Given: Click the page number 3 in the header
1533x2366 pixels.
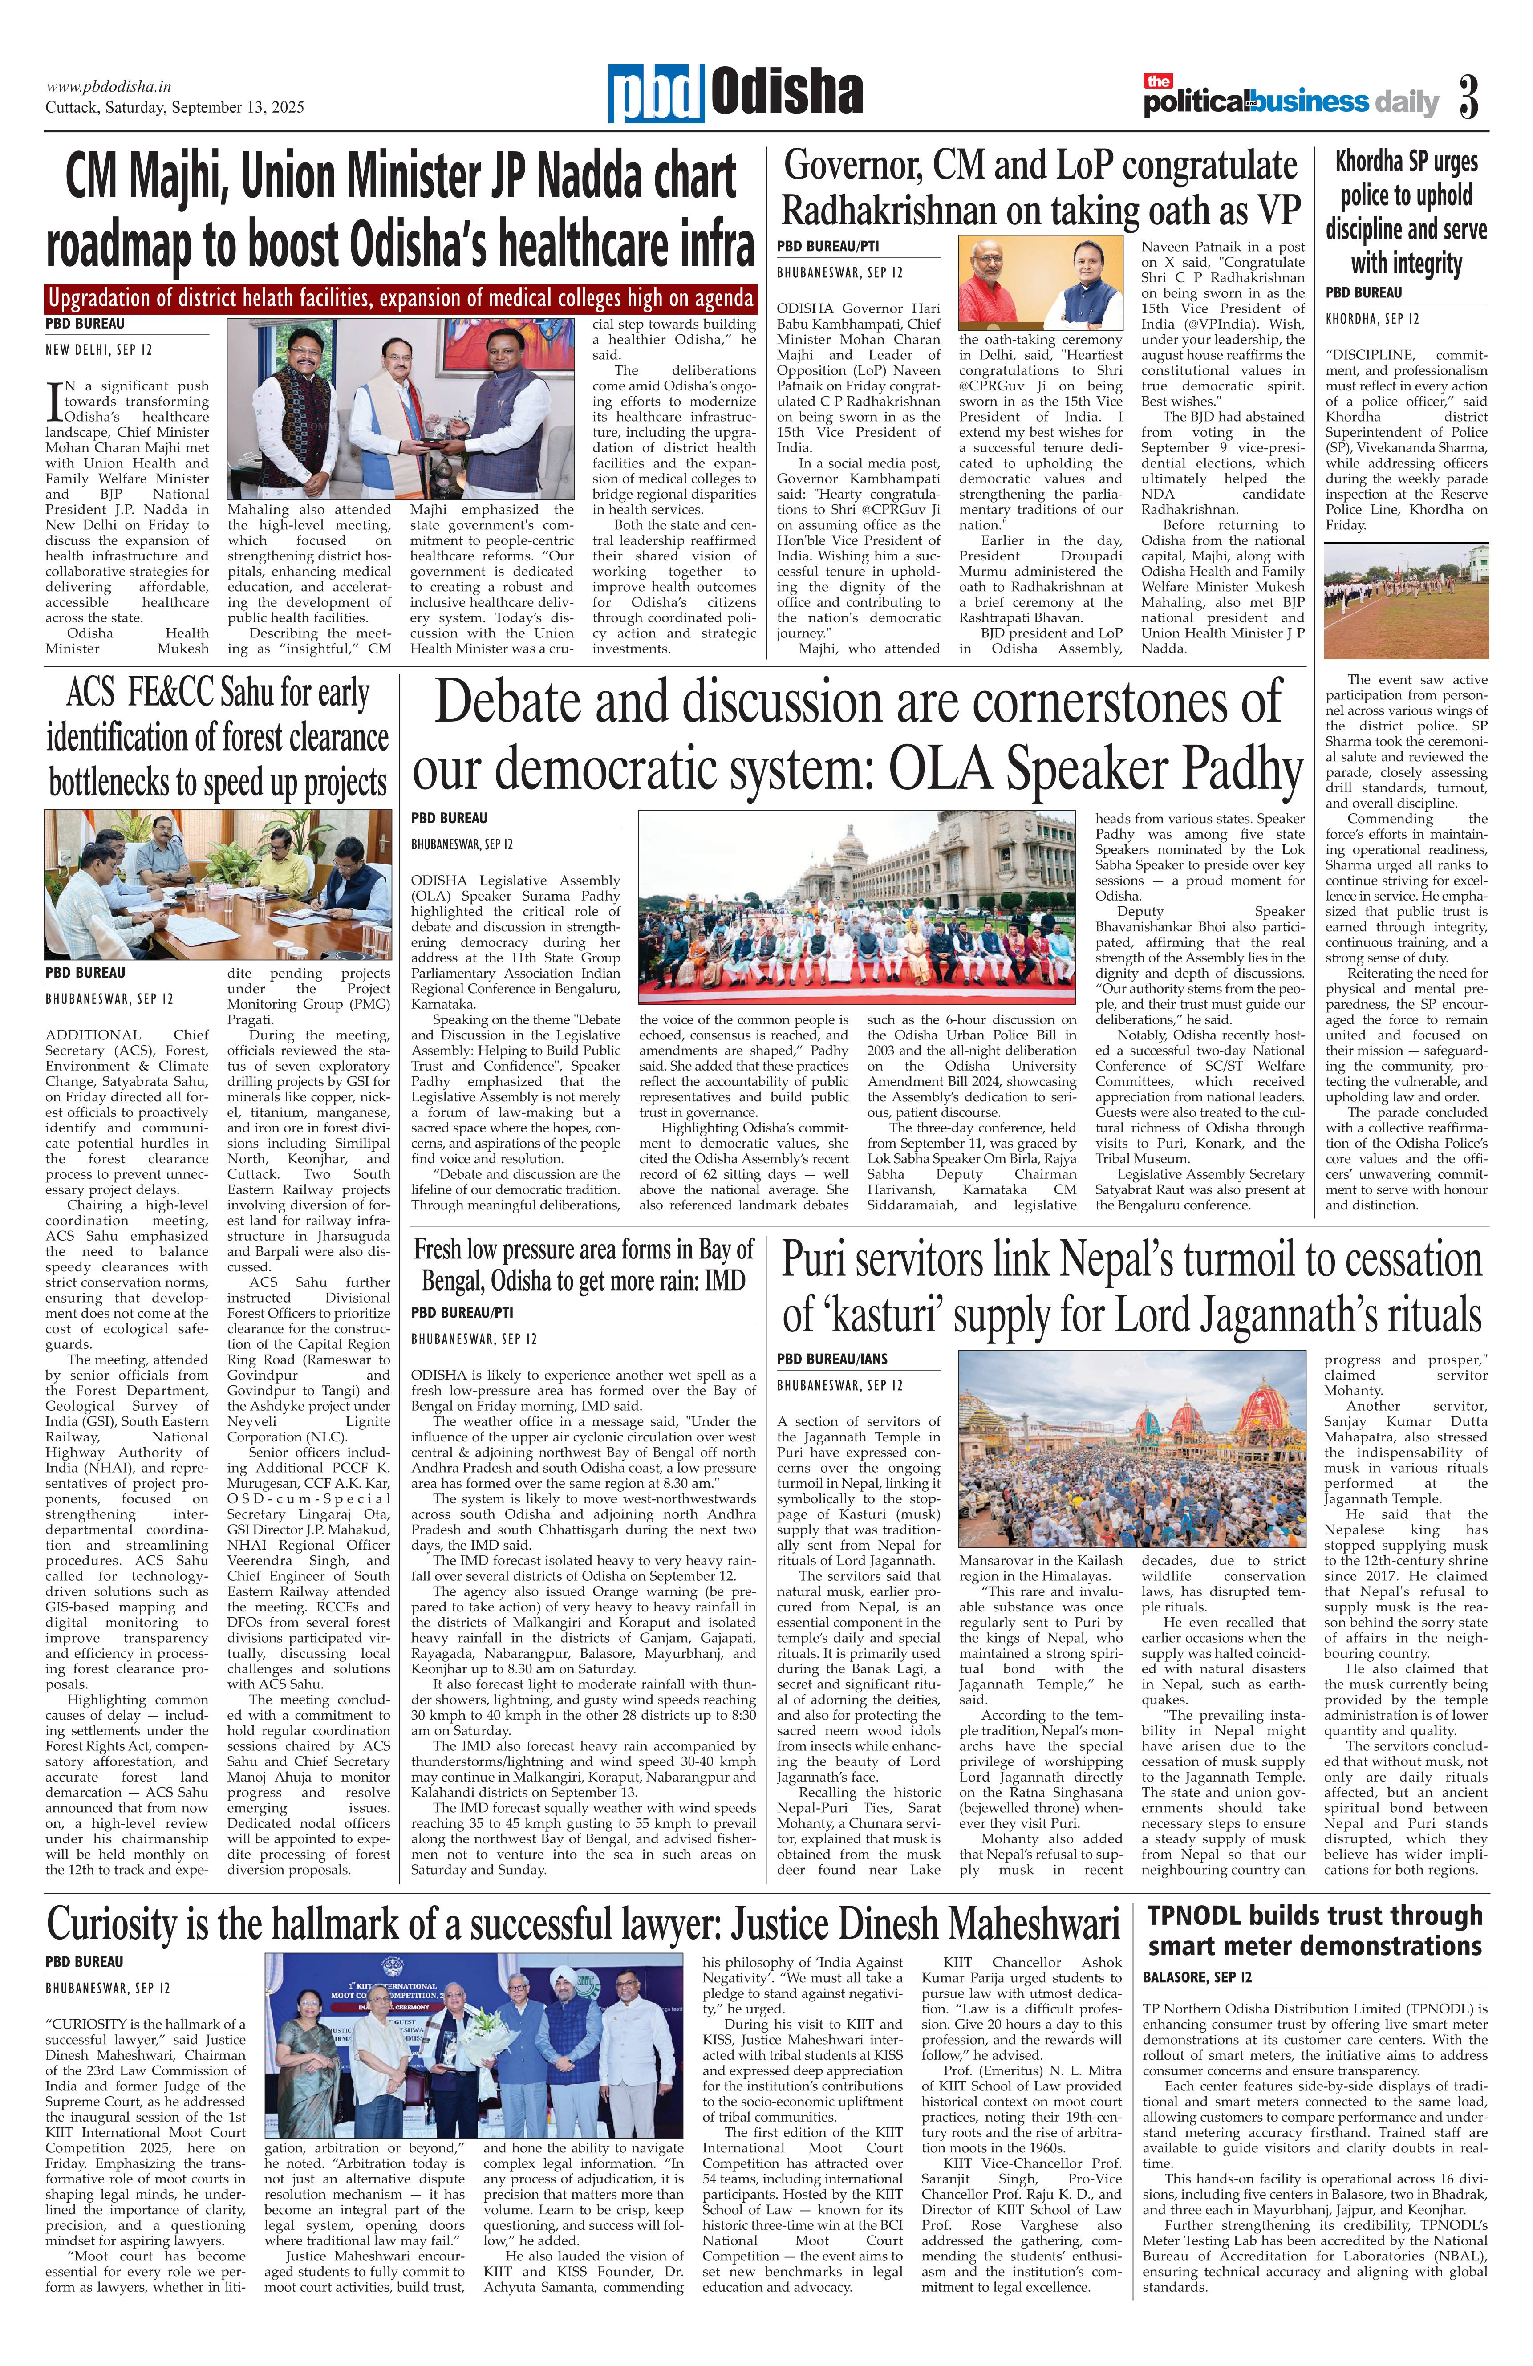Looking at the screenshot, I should coord(1468,97).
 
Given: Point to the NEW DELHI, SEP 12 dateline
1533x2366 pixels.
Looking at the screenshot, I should coord(98,350).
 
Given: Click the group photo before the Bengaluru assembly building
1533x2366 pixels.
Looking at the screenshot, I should coord(856,905).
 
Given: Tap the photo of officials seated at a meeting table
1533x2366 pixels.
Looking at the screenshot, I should coord(218,884).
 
